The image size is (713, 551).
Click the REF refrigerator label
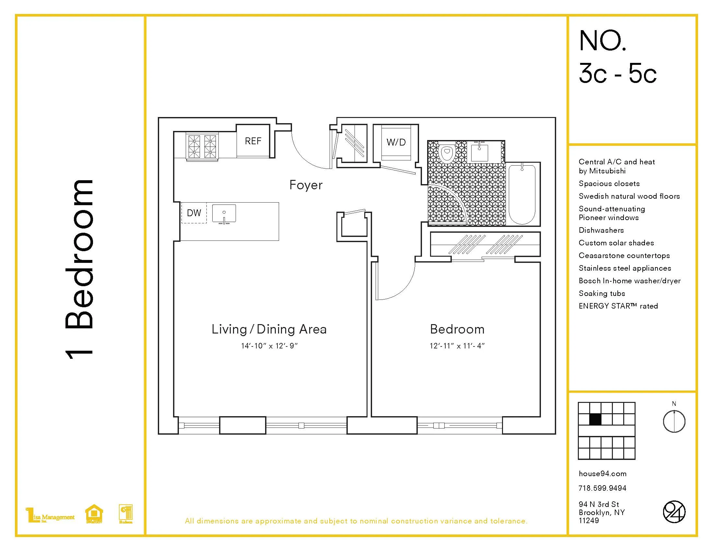[253, 141]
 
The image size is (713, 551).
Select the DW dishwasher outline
[194, 213]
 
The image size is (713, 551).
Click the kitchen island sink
[224, 214]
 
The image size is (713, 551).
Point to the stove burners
[202, 146]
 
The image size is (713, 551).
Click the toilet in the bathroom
[447, 153]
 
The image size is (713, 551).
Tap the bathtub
[522, 194]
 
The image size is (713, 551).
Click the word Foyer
[306, 185]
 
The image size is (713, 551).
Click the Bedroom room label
[457, 329]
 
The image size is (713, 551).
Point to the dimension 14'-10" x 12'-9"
[269, 346]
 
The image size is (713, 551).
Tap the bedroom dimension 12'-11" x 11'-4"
[457, 346]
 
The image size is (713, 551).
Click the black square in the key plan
[595, 419]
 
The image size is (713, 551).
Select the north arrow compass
[674, 421]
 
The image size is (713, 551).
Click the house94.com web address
[602, 474]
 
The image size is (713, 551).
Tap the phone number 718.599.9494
[602, 488]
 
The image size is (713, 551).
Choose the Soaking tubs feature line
[602, 293]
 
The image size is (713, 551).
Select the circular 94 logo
[674, 511]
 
